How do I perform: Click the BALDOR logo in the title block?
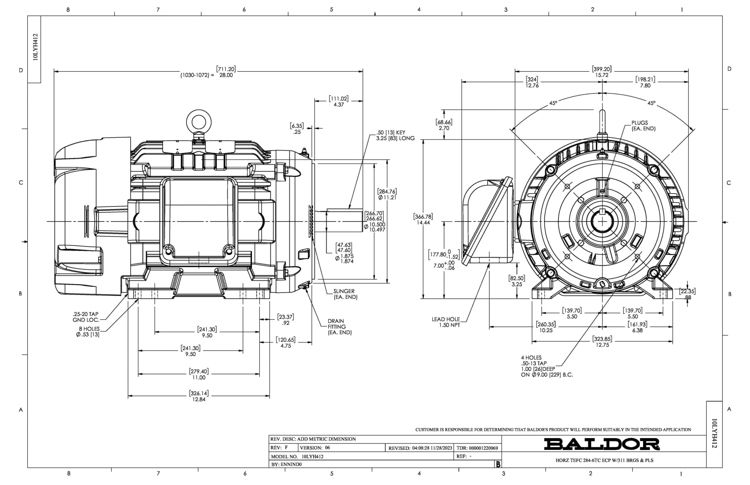602,444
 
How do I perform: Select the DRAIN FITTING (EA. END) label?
339,327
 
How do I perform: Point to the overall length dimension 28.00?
226,75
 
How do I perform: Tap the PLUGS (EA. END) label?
643,126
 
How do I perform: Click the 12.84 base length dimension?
199,399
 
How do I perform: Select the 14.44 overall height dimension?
423,223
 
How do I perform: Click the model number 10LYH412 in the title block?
312,456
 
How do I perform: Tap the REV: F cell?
279,448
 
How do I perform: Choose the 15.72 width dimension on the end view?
601,75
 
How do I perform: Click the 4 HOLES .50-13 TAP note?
546,366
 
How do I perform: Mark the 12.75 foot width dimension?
602,345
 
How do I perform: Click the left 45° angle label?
553,103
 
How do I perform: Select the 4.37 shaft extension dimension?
338,105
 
